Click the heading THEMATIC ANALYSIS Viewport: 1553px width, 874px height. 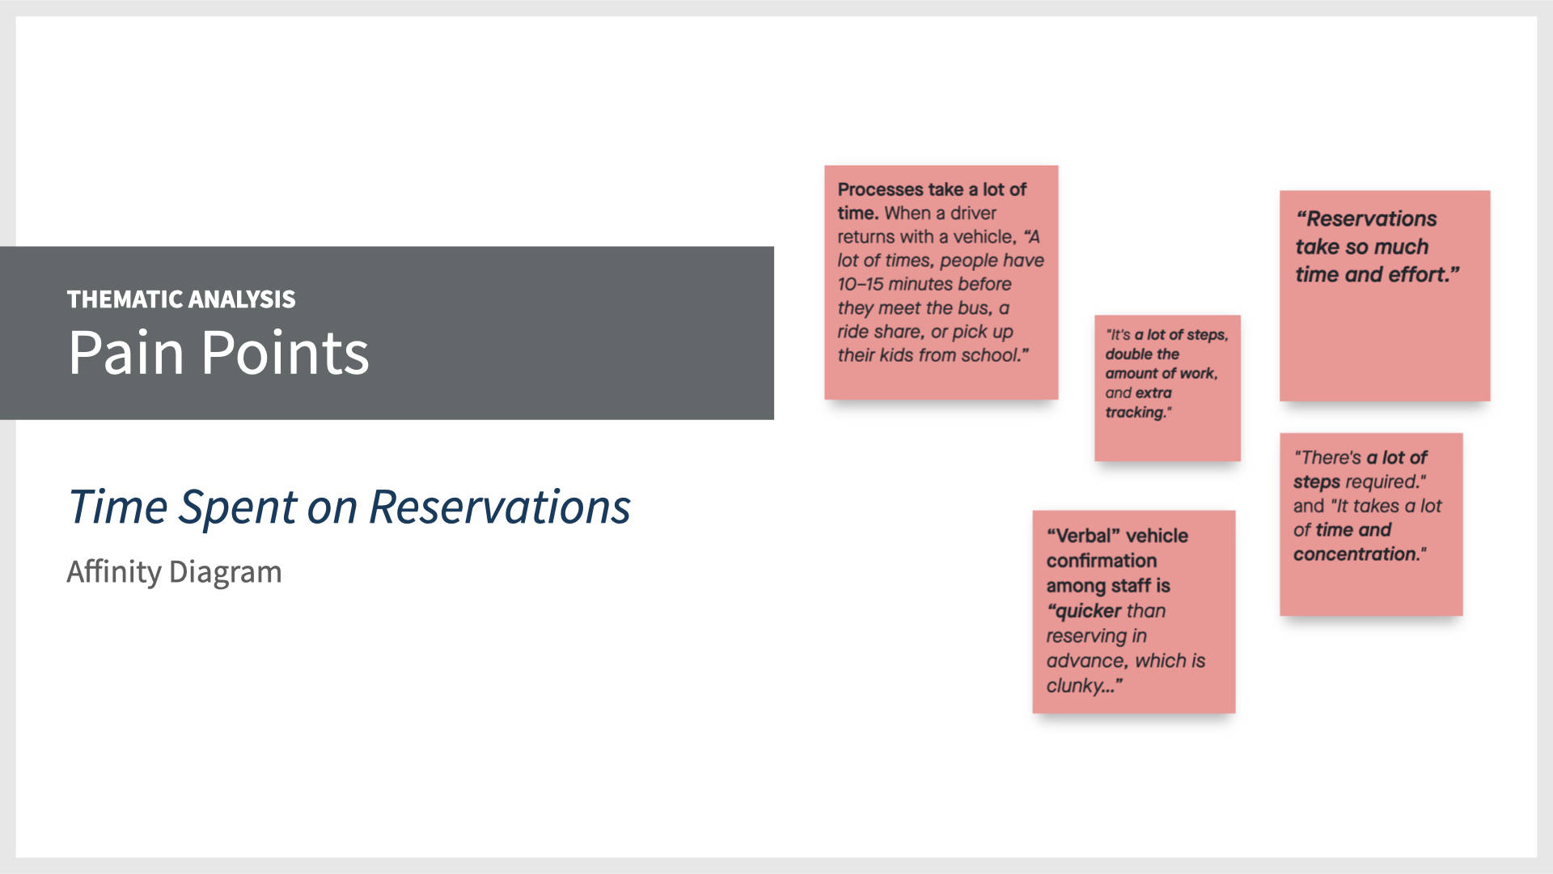(x=181, y=299)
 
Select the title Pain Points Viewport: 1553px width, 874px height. (x=218, y=353)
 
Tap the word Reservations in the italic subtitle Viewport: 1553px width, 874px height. (x=499, y=507)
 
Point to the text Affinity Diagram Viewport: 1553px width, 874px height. (x=174, y=572)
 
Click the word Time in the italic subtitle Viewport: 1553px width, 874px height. (x=116, y=507)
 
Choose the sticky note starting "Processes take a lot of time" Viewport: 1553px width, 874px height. (x=941, y=282)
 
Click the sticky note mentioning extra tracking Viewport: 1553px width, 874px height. (x=1167, y=388)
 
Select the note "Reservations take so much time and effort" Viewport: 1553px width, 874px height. (x=1384, y=295)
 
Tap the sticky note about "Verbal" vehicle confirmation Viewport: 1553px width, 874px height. (x=1133, y=611)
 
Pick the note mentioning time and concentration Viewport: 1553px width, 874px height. (x=1370, y=524)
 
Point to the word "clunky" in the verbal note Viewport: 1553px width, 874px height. (x=1075, y=686)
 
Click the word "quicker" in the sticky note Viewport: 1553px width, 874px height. (x=1089, y=611)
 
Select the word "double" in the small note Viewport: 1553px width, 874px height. (x=1130, y=354)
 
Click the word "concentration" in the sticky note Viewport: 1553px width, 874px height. (x=1356, y=554)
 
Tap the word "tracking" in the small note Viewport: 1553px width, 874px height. (x=1136, y=413)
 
